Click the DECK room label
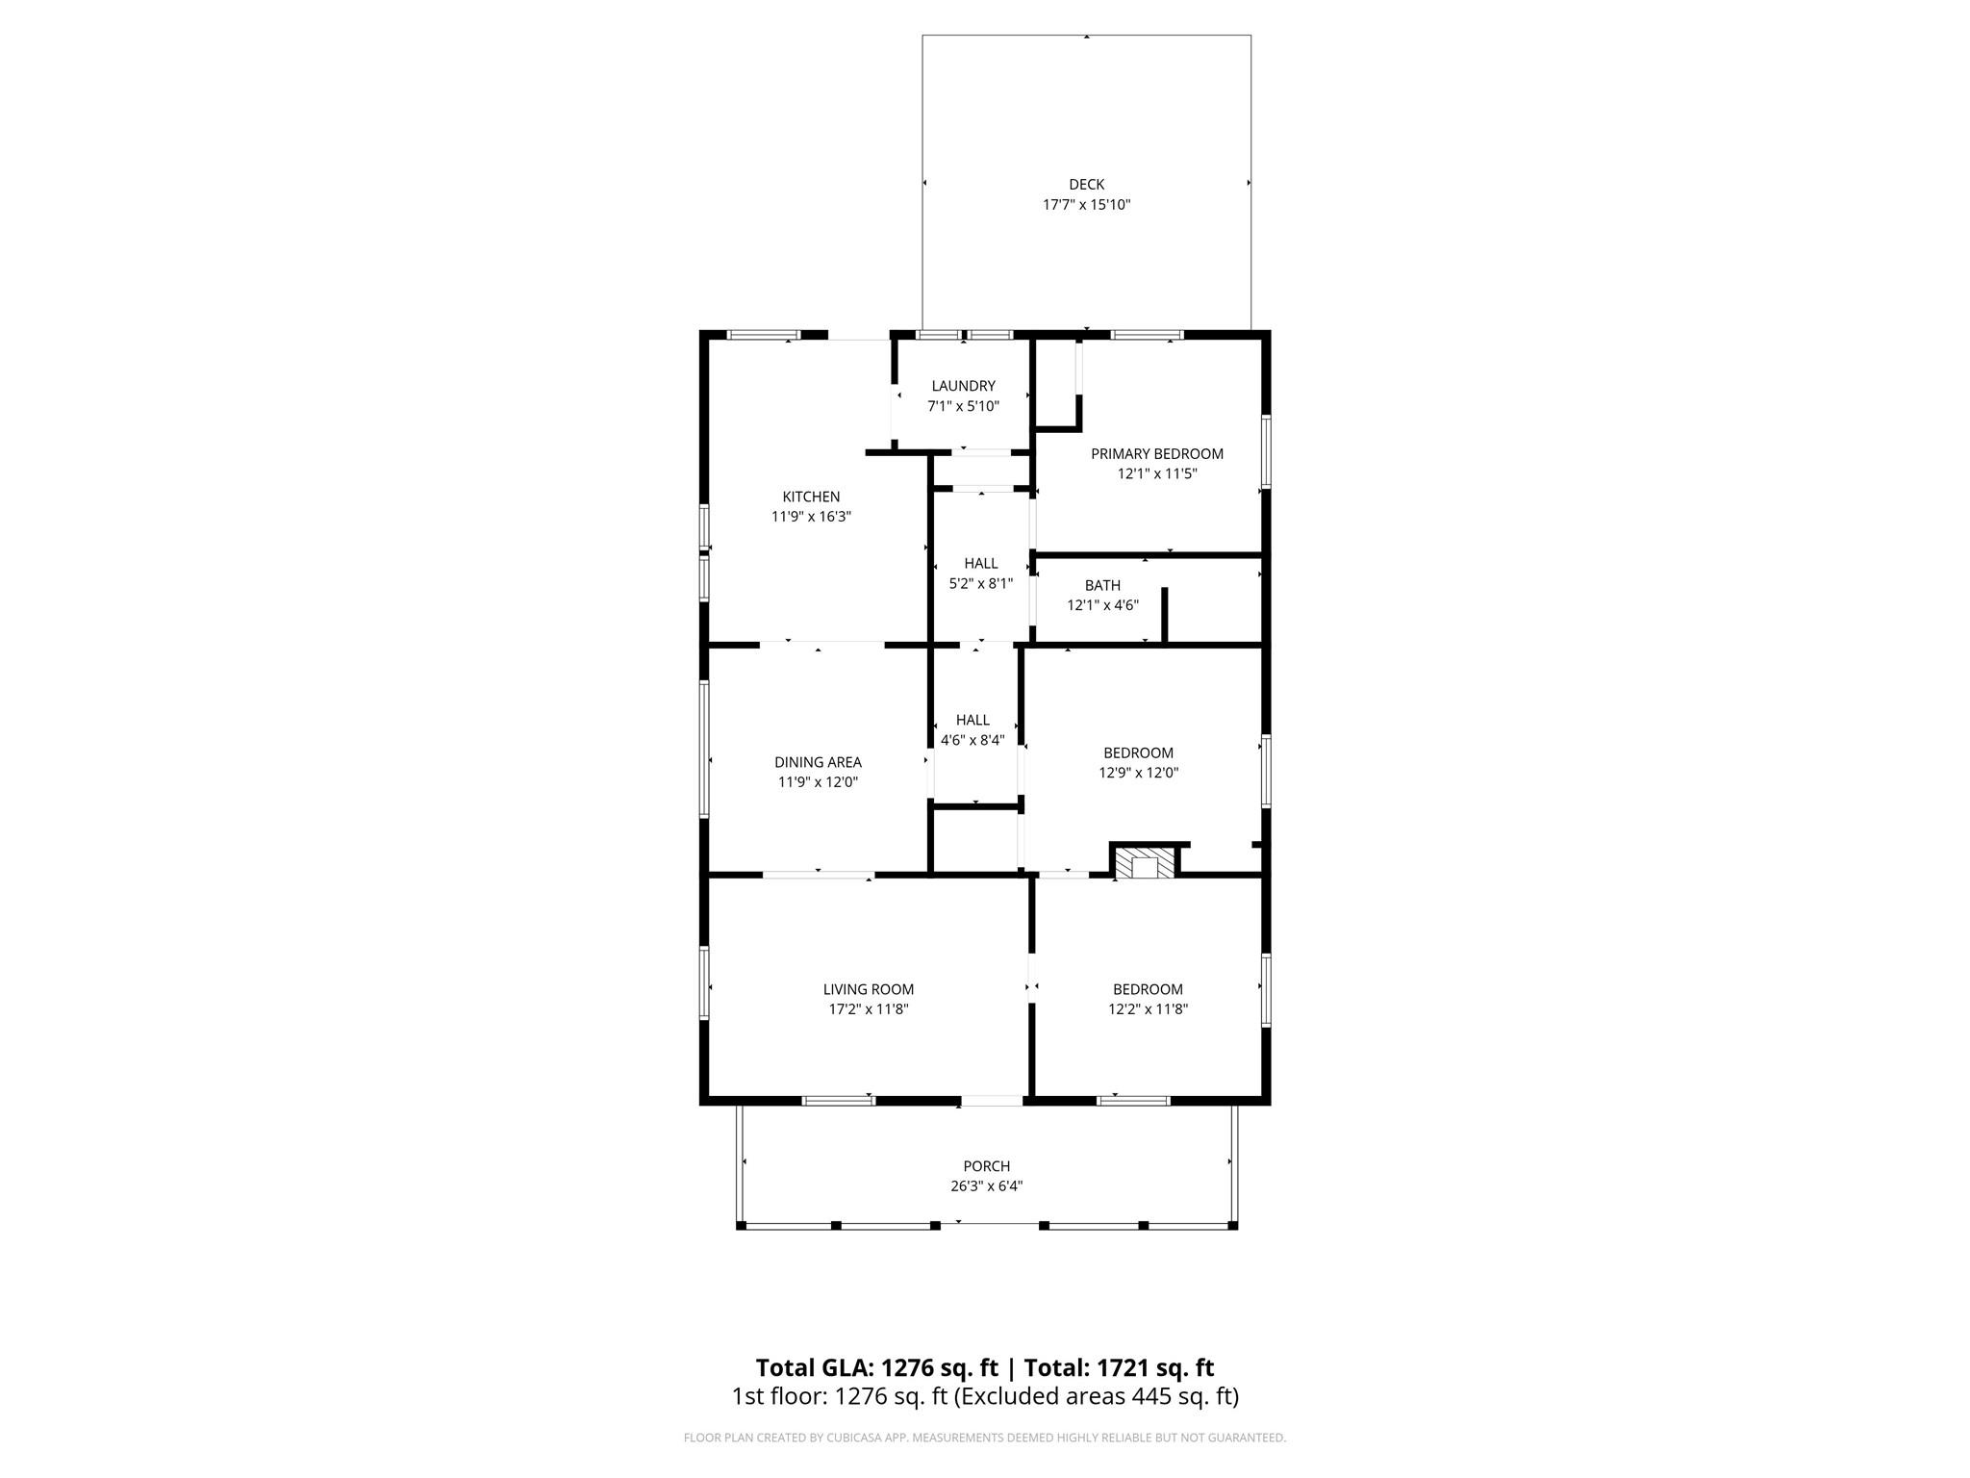pos(1086,184)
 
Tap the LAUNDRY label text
pos(963,386)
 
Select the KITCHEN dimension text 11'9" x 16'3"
pos(811,517)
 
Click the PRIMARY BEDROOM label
pos(1156,453)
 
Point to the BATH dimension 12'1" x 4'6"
pos(1102,605)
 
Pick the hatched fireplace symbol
pos(1145,863)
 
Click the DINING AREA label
pos(818,762)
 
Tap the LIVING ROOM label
pos(868,989)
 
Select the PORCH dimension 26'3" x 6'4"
pos(986,1186)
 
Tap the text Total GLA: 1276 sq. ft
pos(876,1367)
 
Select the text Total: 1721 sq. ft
pos(1119,1367)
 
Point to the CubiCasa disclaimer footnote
pos(984,1438)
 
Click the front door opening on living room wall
pos(992,1101)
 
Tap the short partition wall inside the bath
pos(1164,614)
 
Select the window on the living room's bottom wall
pos(839,1101)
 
